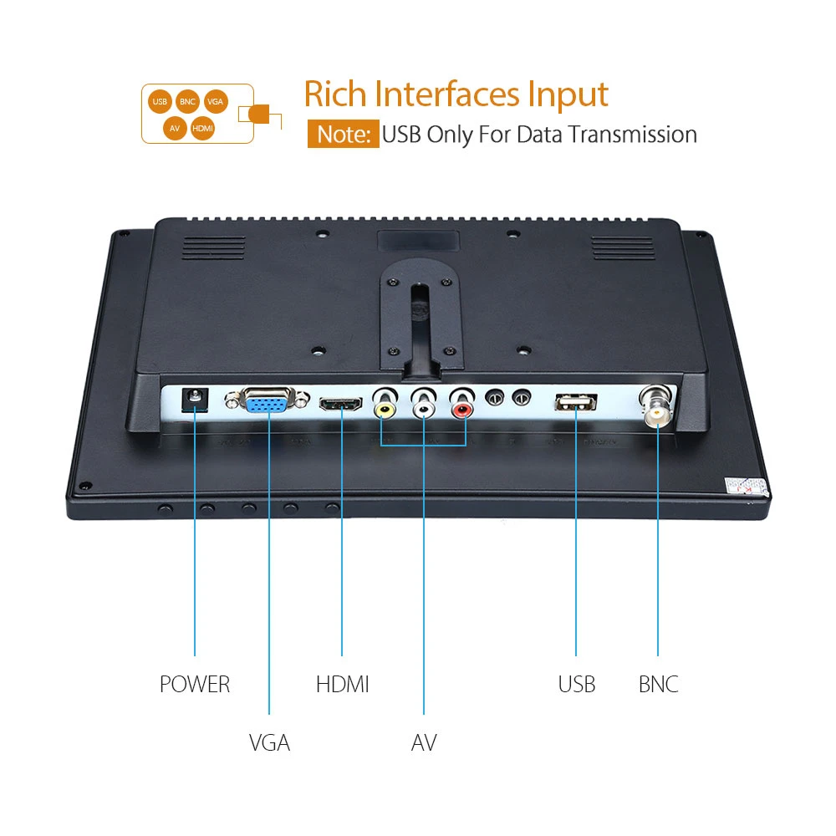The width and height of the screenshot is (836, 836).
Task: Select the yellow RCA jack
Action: pyautogui.click(x=385, y=409)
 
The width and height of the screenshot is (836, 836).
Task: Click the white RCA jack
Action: pyautogui.click(x=425, y=409)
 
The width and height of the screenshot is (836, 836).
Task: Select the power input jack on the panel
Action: pyautogui.click(x=196, y=402)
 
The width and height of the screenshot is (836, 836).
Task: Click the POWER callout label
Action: pyautogui.click(x=195, y=685)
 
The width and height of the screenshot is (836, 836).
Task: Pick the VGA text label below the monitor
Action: pyautogui.click(x=269, y=742)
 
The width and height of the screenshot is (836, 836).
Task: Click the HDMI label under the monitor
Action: pyautogui.click(x=342, y=685)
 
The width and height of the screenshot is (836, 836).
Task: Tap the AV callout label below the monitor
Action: pyautogui.click(x=424, y=742)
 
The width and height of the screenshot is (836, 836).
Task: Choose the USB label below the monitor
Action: pyautogui.click(x=577, y=685)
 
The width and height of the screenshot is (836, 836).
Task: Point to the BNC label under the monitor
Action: pyautogui.click(x=658, y=685)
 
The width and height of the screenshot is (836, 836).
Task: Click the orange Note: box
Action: pyautogui.click(x=343, y=135)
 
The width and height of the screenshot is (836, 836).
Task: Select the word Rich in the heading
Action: pyautogui.click(x=337, y=94)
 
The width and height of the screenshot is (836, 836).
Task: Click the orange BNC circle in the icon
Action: pyautogui.click(x=187, y=102)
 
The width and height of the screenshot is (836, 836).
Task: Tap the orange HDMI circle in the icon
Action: pyautogui.click(x=202, y=128)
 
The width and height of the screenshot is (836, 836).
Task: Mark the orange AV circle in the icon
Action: pyautogui.click(x=175, y=128)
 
